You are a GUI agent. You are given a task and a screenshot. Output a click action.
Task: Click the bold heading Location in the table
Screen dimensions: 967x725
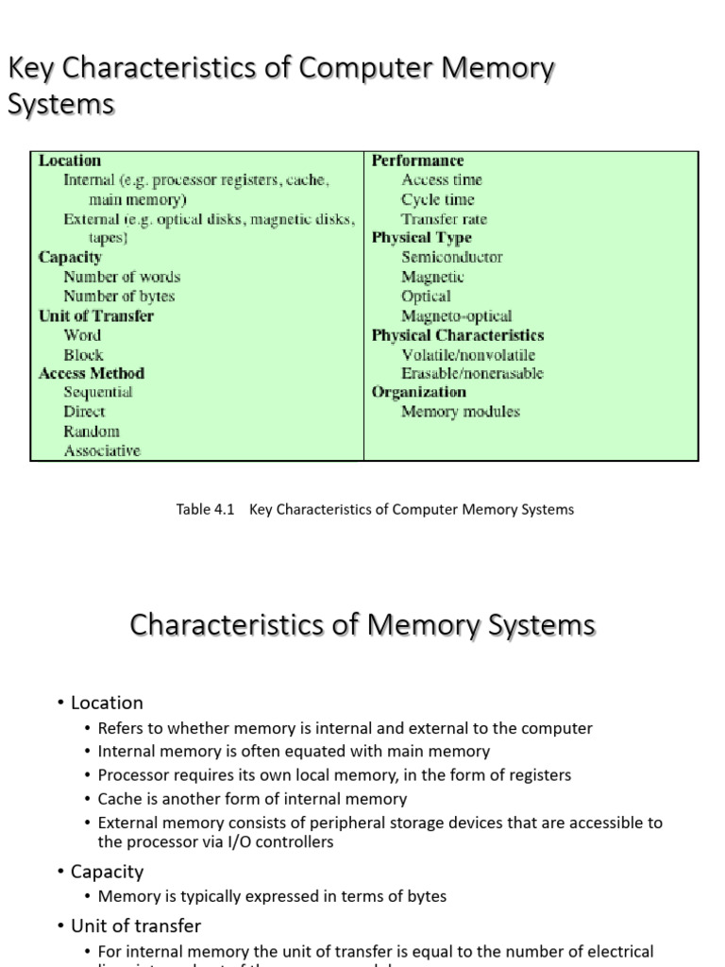pyautogui.click(x=70, y=161)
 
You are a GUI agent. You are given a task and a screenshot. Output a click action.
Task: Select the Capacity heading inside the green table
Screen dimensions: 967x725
pyautogui.click(x=70, y=257)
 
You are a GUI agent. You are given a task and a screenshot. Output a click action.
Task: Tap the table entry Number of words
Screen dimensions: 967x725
pyautogui.click(x=122, y=277)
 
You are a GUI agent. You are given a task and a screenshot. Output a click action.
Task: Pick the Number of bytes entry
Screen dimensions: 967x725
pyautogui.click(x=119, y=296)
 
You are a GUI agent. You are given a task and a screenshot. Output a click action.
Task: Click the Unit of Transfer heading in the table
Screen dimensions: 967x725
pyautogui.click(x=95, y=315)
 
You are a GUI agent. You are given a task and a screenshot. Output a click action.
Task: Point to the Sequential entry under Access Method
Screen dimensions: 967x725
pyautogui.click(x=98, y=392)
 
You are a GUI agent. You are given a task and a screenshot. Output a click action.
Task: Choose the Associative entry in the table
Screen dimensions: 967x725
pyautogui.click(x=102, y=450)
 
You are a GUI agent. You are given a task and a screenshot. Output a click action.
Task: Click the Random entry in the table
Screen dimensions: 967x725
pyautogui.click(x=92, y=431)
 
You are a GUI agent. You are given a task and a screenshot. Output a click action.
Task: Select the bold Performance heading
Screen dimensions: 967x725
pyautogui.click(x=417, y=161)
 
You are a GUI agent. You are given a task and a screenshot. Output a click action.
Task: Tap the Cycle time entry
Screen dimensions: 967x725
pyautogui.click(x=438, y=199)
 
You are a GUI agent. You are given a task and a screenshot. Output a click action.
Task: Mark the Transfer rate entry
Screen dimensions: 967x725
pyautogui.click(x=444, y=219)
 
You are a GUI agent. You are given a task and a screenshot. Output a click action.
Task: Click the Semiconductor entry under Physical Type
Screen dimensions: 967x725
pyautogui.click(x=452, y=257)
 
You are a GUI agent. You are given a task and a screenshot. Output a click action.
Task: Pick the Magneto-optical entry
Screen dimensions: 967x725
pyautogui.click(x=457, y=315)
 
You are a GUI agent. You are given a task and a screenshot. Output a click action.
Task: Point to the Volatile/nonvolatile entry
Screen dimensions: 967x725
pyautogui.click(x=468, y=354)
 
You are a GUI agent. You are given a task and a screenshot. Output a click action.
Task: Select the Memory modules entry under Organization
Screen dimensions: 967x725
pyautogui.click(x=461, y=412)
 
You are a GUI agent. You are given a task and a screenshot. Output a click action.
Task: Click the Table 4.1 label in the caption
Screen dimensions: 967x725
pyautogui.click(x=205, y=509)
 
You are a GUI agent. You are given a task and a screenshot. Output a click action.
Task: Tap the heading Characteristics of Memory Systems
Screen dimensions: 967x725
pyautogui.click(x=362, y=625)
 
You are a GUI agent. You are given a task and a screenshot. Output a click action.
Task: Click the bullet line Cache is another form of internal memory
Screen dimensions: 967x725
pyautogui.click(x=252, y=799)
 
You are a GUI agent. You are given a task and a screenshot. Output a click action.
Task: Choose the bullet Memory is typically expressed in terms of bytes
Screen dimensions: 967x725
pyautogui.click(x=272, y=896)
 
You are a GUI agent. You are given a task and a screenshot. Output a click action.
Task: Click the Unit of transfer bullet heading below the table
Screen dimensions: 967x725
pyautogui.click(x=136, y=926)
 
